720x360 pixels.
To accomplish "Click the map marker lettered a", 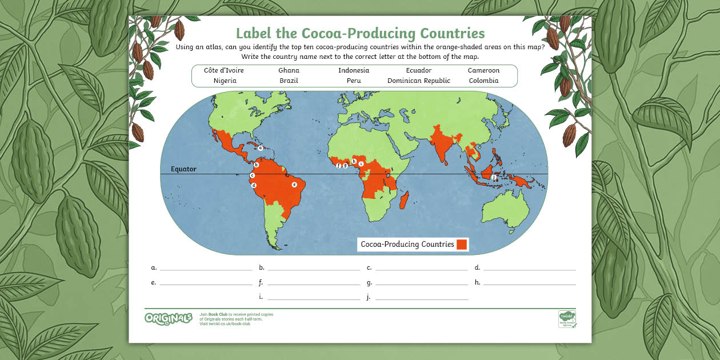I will [x=260, y=147].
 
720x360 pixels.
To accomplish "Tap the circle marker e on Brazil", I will [x=294, y=185].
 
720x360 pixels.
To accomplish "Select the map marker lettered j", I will [x=494, y=177].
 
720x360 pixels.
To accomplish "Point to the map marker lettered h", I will [x=354, y=161].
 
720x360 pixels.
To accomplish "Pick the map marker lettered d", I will [x=254, y=185].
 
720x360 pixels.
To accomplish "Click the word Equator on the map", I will [x=183, y=169].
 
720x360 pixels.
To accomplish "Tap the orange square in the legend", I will [x=462, y=245].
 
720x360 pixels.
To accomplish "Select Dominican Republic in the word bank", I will [x=419, y=81].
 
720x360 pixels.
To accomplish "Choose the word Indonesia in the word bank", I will [x=354, y=70].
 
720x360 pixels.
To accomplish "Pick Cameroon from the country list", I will [x=483, y=70].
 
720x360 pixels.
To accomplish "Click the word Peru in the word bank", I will [x=354, y=81].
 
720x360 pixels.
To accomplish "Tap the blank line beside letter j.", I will [x=422, y=298].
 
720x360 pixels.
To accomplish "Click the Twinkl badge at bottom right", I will [x=567, y=319].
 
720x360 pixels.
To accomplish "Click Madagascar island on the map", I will [x=405, y=201].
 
